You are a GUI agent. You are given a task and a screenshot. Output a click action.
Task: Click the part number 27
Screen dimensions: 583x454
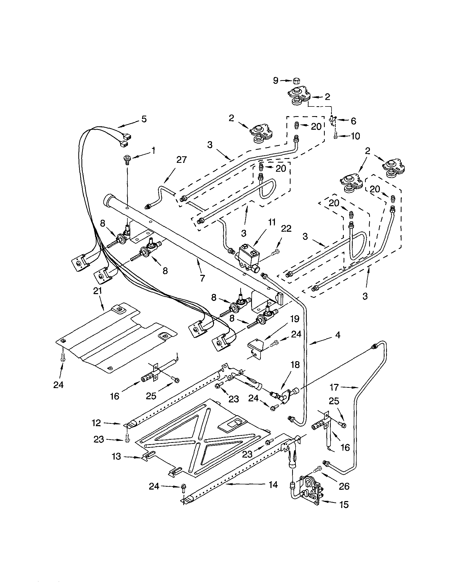click(182, 160)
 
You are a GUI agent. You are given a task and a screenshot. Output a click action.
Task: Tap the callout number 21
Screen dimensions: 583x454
click(98, 291)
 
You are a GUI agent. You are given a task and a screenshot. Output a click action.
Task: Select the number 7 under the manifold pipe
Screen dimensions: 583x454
click(202, 278)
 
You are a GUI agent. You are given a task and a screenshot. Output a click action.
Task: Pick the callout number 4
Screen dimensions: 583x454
click(338, 335)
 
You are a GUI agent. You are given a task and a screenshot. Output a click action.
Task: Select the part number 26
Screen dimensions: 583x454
click(344, 486)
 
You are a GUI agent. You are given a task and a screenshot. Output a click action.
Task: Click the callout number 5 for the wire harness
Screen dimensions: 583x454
click(144, 119)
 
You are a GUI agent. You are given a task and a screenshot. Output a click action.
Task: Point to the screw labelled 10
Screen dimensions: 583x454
click(335, 136)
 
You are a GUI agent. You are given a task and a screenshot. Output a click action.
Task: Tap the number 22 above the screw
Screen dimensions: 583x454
click(286, 229)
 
